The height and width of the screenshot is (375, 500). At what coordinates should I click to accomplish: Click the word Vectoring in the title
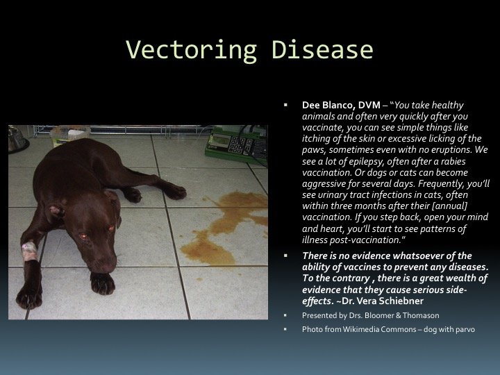click(192, 51)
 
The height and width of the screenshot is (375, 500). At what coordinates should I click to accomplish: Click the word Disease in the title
click(322, 50)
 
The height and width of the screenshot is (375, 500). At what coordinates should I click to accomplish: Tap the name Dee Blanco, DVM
click(341, 106)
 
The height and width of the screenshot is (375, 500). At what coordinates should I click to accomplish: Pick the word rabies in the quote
click(453, 161)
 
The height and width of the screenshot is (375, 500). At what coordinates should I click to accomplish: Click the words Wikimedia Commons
click(379, 329)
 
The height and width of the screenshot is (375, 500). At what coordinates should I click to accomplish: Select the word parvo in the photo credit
click(465, 330)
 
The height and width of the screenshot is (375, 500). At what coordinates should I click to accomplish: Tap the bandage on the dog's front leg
click(29, 251)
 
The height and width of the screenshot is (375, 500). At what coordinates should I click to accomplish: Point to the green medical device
click(236, 144)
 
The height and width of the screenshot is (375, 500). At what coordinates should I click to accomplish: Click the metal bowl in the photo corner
click(17, 140)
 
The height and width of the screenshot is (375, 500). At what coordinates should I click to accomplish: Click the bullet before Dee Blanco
click(285, 105)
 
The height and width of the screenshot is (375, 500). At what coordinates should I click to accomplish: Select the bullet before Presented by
click(285, 315)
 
